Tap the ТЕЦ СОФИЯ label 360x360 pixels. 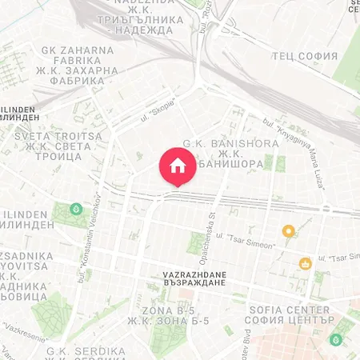[304, 56]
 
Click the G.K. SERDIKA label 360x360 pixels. [86, 350]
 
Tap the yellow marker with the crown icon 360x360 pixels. [305, 263]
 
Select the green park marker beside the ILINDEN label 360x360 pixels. [75, 209]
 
